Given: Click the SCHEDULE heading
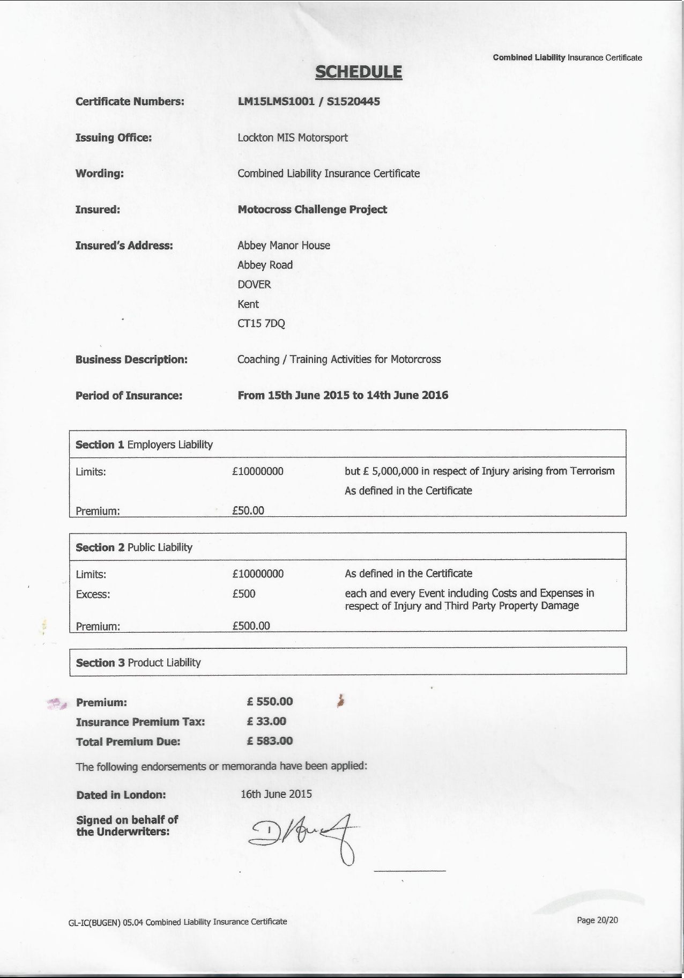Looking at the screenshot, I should coord(358,72).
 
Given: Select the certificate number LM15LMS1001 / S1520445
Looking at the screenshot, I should coord(309,101).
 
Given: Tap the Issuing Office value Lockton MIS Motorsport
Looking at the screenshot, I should coord(293,138).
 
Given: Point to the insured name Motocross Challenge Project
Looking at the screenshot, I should coord(312,210).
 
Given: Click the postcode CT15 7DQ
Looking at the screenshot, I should coord(261,324).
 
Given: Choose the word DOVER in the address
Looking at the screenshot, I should coord(254,285).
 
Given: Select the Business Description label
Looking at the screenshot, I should coord(131,360).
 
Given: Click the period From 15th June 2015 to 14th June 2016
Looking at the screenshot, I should coord(343,396).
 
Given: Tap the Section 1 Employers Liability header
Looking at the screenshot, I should coord(144,444).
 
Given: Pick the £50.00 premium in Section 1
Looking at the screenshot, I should coord(248,510).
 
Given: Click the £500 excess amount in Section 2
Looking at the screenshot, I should coord(244,594).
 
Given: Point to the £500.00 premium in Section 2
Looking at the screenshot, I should coord(251,626).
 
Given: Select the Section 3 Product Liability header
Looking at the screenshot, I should coord(138,663).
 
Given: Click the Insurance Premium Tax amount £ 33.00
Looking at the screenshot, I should coord(266,722).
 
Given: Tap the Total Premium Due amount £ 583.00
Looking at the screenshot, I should coord(270,742).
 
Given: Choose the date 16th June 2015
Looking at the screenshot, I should coord(276,794).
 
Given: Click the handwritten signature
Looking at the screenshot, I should coord(303,835).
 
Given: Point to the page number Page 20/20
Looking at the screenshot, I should coord(597,920).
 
